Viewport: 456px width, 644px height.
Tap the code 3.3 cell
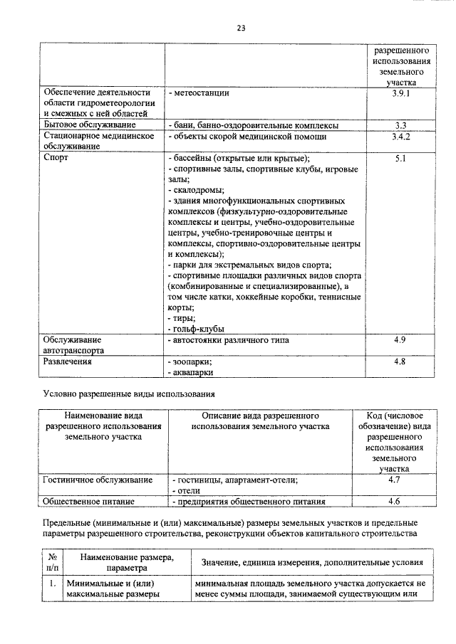click(x=399, y=125)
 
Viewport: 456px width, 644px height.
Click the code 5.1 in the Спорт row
click(x=399, y=159)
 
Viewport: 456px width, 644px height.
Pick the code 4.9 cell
click(x=399, y=340)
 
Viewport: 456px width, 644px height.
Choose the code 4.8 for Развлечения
click(x=399, y=361)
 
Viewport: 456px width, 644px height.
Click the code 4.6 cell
click(x=394, y=501)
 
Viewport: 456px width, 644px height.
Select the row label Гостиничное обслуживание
click(x=98, y=480)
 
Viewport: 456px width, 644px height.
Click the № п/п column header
click(x=52, y=563)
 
